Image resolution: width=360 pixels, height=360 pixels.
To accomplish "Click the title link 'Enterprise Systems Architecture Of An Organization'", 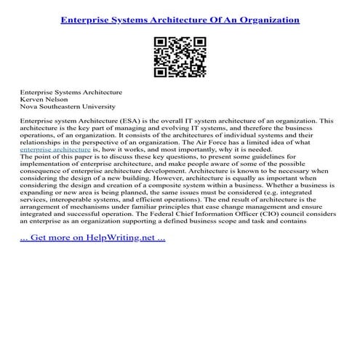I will tap(180, 20).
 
